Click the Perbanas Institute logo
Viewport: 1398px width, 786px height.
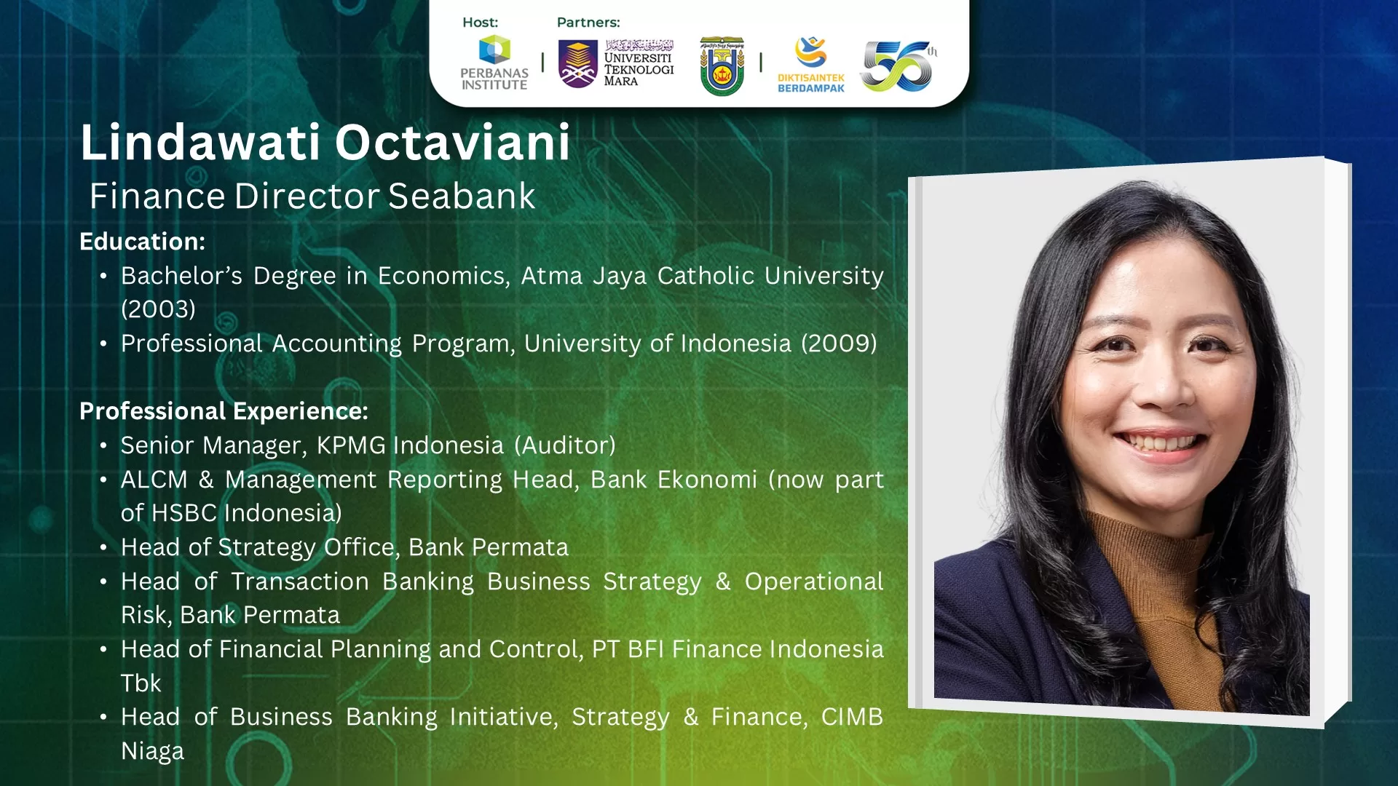[x=494, y=63]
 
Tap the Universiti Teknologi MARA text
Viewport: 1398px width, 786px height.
[x=639, y=69]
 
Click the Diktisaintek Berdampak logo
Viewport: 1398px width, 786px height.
[x=811, y=64]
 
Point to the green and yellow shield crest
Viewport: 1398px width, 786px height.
[x=722, y=66]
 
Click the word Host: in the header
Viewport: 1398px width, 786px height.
[x=480, y=23]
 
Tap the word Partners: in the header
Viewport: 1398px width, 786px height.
[x=588, y=23]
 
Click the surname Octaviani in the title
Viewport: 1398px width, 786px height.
[x=452, y=142]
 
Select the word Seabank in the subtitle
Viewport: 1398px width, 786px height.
[x=462, y=196]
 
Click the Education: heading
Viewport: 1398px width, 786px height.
[x=142, y=242]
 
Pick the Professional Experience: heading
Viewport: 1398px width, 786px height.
[x=224, y=411]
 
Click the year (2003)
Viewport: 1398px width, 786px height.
[x=158, y=309]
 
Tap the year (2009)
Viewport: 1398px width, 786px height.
[x=839, y=344]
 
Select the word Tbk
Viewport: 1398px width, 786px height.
[x=141, y=683]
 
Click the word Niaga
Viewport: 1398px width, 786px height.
[x=152, y=751]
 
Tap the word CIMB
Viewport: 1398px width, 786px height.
[x=852, y=717]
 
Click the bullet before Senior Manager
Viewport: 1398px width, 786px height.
[x=103, y=445]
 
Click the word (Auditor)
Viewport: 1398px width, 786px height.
[x=565, y=445]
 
